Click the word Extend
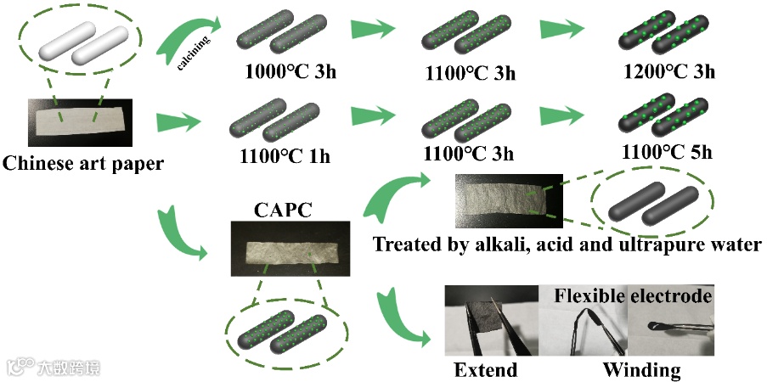point(485,370)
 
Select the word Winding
point(641,370)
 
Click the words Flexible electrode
point(634,295)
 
